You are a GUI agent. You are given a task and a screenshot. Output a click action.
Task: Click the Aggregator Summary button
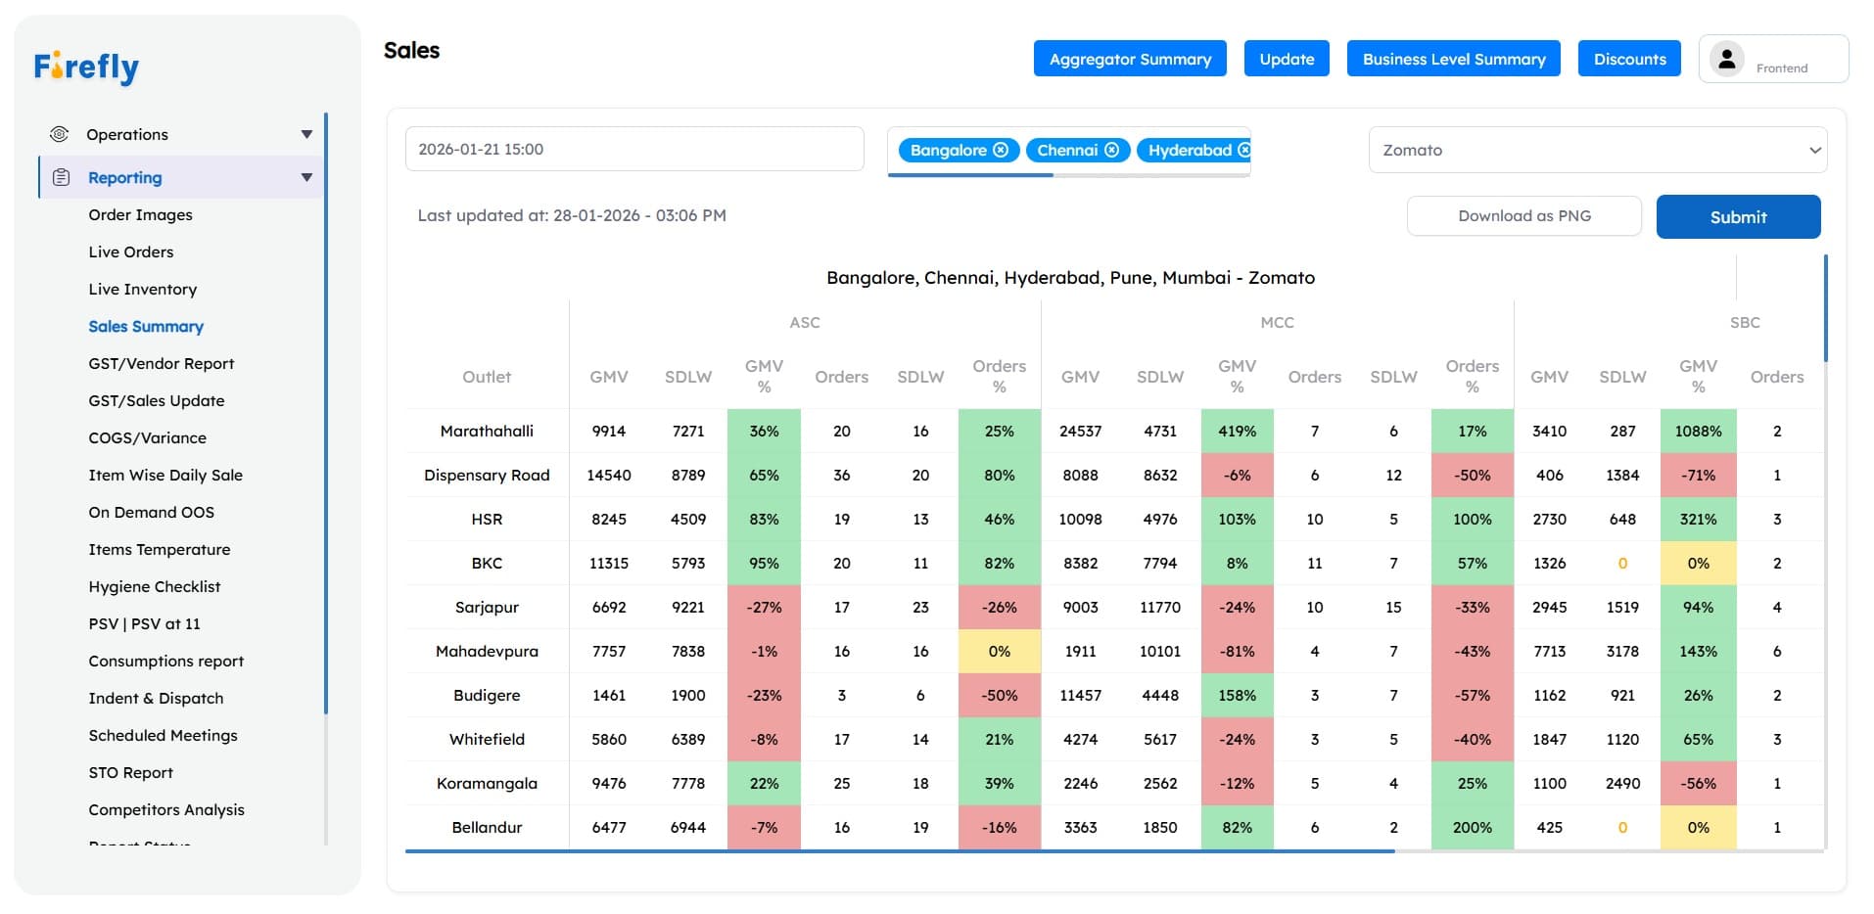coord(1130,59)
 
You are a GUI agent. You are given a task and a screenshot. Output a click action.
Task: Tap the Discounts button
coord(1629,59)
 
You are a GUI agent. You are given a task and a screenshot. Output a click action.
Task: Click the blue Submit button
coord(1738,217)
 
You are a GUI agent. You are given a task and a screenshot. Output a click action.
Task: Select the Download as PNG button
coord(1523,216)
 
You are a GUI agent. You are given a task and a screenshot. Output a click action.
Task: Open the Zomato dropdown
coord(1597,150)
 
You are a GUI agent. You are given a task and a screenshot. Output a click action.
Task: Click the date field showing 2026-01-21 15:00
coord(634,150)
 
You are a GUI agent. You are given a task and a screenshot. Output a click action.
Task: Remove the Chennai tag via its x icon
coord(1112,150)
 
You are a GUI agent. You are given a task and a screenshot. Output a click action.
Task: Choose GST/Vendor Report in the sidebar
coord(162,363)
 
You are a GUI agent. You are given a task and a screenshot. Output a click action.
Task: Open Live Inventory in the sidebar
coord(143,289)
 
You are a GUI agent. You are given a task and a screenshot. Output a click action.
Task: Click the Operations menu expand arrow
coord(306,134)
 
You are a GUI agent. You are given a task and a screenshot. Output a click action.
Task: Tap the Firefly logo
coord(86,67)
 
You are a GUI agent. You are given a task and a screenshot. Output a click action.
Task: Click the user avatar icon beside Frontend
coord(1727,59)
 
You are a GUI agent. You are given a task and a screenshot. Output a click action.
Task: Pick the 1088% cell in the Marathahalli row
coord(1698,431)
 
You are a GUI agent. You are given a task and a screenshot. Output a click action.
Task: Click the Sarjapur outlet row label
coord(487,607)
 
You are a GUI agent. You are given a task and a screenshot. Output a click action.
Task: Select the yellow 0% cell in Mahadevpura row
coord(999,651)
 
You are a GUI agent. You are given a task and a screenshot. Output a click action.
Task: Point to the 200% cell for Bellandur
coord(1472,827)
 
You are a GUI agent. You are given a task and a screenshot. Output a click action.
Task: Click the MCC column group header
coord(1277,322)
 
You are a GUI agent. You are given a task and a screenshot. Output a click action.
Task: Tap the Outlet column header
coord(487,377)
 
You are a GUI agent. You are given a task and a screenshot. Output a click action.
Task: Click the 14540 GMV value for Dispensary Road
coord(608,475)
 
